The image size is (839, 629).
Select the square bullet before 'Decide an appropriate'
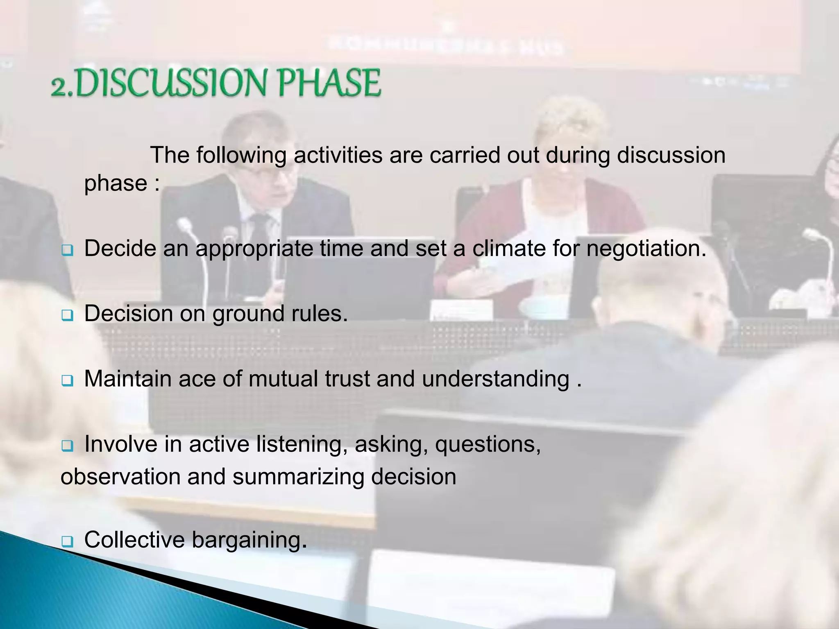click(67, 250)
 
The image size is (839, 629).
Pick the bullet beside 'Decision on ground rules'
click(67, 316)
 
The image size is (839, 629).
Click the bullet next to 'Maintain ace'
click(67, 381)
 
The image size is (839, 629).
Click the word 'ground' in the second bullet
click(242, 314)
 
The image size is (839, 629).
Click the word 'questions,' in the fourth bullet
click(488, 445)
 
